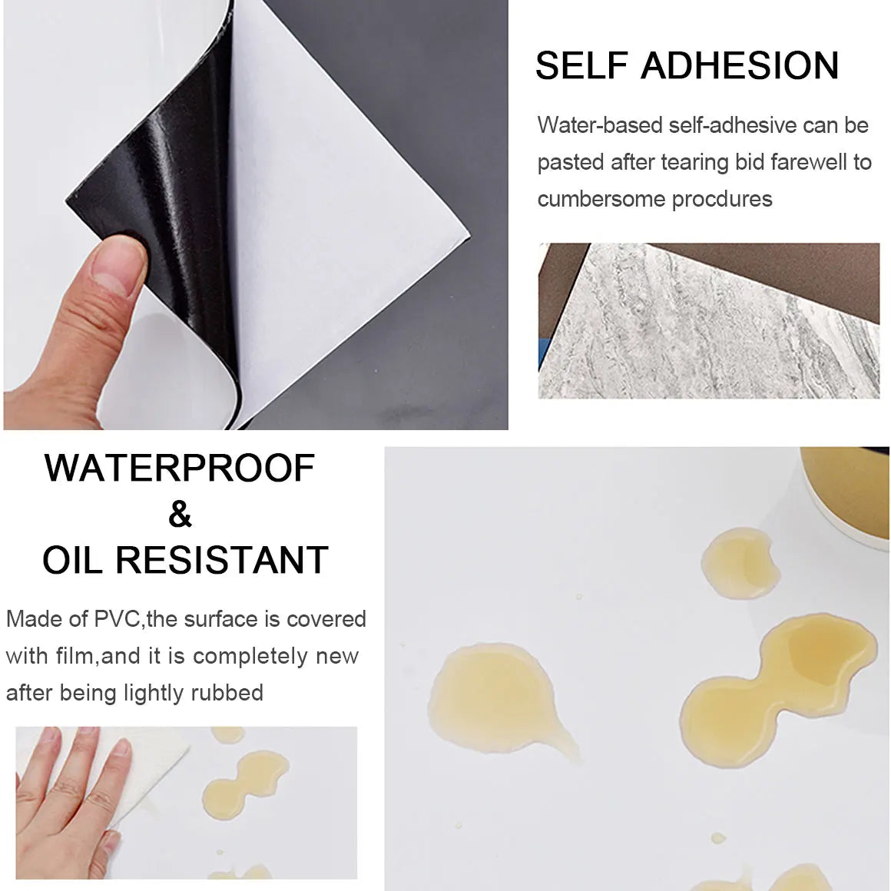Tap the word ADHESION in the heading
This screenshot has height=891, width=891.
(739, 65)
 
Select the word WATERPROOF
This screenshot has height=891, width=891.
(180, 469)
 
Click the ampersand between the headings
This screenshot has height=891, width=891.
(180, 515)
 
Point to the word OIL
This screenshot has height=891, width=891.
(72, 560)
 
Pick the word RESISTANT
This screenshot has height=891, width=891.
(222, 560)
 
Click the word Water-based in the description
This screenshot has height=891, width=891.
(599, 125)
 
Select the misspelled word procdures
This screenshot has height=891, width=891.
(722, 200)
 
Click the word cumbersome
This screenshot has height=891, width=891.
(601, 200)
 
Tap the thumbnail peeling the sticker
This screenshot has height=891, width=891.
(256, 215)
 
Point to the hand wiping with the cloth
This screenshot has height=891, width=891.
(68, 796)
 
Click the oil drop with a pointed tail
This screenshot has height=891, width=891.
(500, 699)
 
